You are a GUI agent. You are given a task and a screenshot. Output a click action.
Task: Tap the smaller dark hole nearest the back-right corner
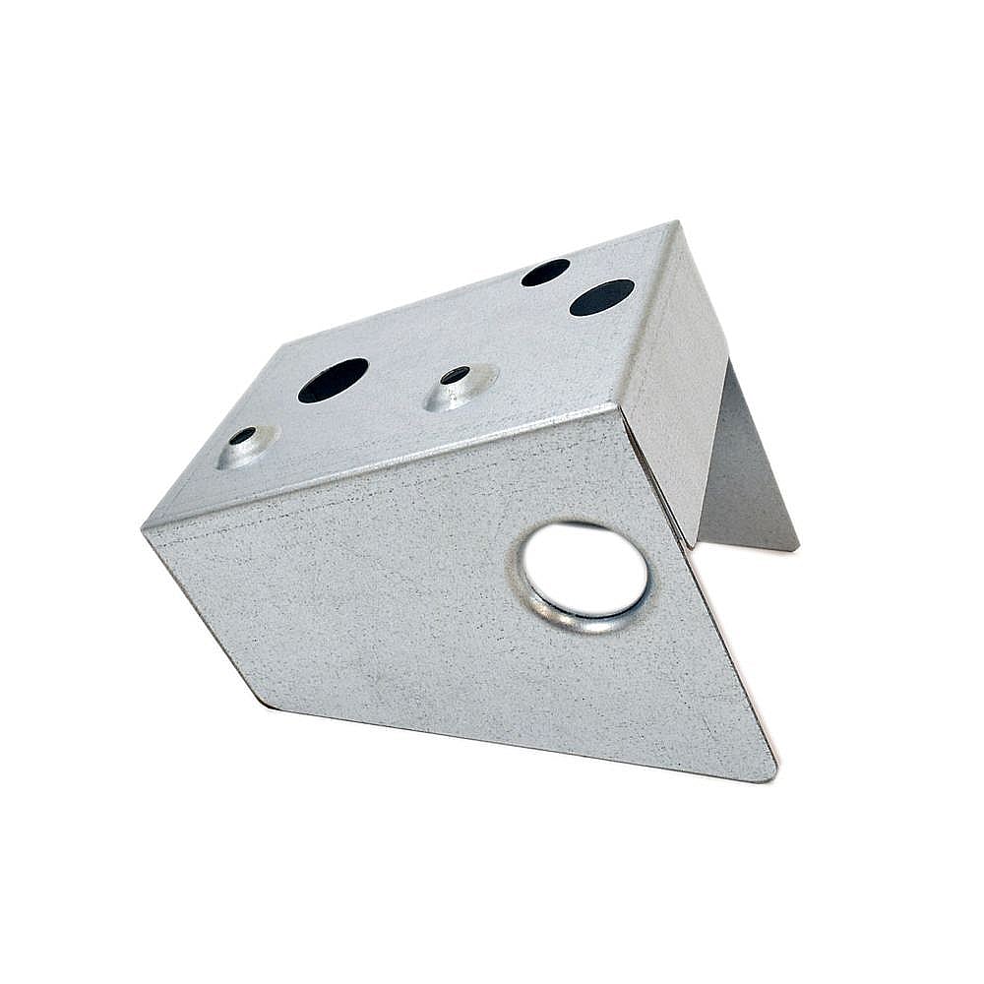(x=545, y=272)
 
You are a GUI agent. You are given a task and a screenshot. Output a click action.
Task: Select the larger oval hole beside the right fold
(x=601, y=297)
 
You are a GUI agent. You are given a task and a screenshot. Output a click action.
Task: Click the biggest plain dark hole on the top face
(x=333, y=380)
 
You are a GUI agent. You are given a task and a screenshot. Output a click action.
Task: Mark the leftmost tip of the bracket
(x=145, y=528)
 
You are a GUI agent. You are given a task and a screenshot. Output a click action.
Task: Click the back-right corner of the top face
(x=676, y=223)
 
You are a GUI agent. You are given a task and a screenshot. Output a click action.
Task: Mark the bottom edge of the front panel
(x=522, y=742)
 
